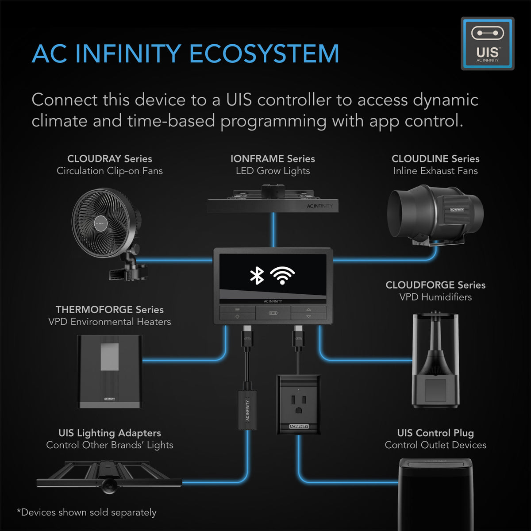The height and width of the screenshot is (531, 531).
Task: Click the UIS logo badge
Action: (487, 43)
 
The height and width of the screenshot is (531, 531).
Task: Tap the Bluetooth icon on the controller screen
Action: (257, 276)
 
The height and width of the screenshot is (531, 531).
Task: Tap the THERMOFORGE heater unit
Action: (110, 371)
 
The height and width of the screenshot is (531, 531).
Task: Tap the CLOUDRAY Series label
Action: (109, 158)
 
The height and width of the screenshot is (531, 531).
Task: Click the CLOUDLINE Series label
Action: (435, 158)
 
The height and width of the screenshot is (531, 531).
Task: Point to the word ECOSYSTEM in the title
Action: (264, 54)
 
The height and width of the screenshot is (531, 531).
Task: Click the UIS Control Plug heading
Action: (435, 433)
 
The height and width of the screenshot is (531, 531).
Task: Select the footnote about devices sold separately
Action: (87, 512)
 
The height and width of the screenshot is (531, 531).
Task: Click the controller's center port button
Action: (273, 313)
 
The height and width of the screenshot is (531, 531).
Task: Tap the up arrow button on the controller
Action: (308, 309)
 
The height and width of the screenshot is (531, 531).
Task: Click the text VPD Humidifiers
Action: (435, 297)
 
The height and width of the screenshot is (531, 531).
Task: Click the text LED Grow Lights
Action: (273, 171)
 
